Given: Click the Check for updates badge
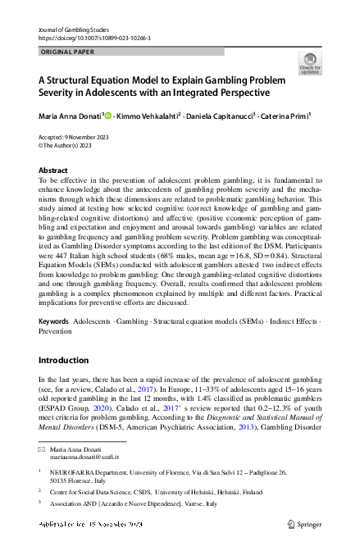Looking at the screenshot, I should point(310,63).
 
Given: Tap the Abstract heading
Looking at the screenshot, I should point(53,171).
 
